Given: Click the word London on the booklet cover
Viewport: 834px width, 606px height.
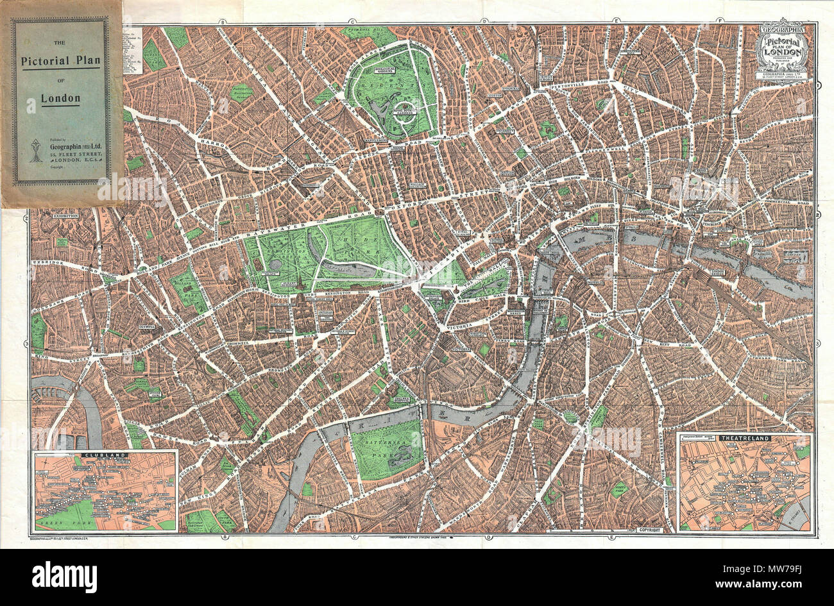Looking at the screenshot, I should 61,99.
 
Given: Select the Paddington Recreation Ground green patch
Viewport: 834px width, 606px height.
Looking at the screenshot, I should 243,92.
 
